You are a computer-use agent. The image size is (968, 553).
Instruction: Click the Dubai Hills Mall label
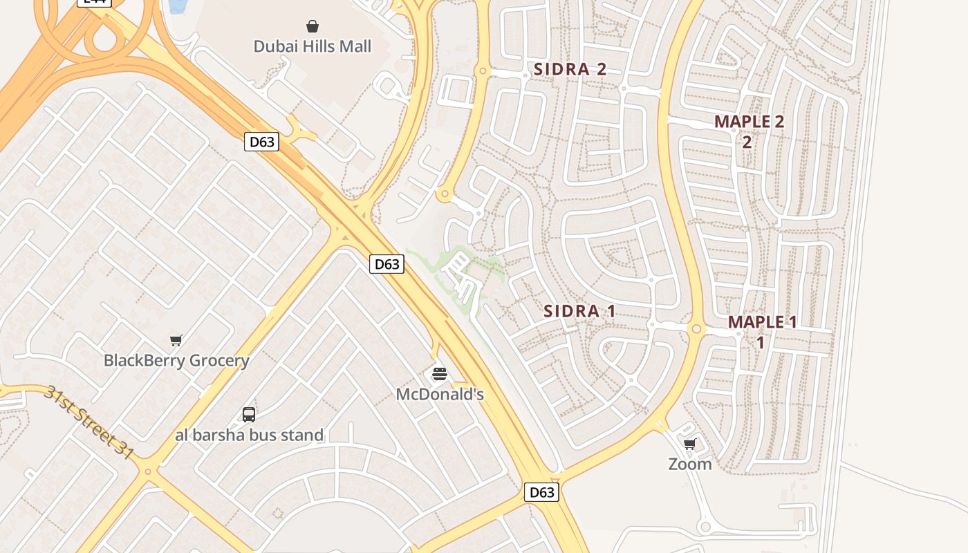pos(312,46)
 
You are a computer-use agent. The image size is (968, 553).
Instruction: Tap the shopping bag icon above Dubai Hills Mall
pos(313,26)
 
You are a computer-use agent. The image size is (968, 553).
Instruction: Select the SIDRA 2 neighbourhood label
pos(570,69)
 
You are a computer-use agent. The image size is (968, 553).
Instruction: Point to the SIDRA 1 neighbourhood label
pos(579,311)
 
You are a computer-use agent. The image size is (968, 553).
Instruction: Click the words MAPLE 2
pos(749,122)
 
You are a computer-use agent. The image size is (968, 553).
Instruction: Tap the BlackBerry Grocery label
pos(176,360)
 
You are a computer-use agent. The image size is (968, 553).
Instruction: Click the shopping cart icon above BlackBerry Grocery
pos(176,340)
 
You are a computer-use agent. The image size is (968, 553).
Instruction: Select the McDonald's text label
pos(440,394)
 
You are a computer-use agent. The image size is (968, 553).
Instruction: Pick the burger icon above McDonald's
pos(440,374)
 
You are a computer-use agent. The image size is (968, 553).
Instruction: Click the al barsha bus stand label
pos(249,435)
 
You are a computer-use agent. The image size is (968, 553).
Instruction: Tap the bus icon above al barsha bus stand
pos(249,415)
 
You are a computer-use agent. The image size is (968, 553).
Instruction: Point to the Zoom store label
pos(689,464)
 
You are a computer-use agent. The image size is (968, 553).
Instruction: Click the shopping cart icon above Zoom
pos(689,444)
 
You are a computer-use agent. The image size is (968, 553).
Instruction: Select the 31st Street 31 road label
pos(88,422)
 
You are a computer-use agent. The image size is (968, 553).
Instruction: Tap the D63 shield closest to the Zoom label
pos(541,492)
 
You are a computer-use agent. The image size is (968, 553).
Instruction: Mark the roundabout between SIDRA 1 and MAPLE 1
pos(696,330)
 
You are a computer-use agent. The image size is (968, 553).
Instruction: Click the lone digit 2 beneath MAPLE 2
pos(747,142)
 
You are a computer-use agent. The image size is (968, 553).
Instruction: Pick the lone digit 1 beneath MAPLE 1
pos(760,342)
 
